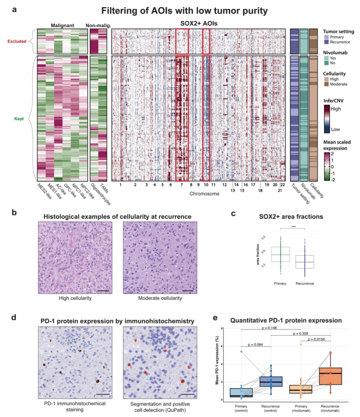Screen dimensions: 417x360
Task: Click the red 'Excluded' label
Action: click(x=17, y=41)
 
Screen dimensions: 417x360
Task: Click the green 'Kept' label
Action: click(x=19, y=119)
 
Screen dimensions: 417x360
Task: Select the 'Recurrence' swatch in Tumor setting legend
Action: click(x=326, y=42)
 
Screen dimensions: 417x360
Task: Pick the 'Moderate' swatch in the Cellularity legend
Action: click(x=326, y=84)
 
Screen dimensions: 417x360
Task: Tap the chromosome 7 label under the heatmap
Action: click(x=182, y=185)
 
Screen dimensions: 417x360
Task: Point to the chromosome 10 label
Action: click(x=206, y=185)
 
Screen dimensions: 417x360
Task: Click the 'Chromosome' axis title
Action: click(x=204, y=194)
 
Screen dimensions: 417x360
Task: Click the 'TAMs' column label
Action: click(x=104, y=189)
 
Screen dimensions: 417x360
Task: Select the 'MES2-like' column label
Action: click(x=44, y=191)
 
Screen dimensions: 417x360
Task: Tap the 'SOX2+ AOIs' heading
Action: click(x=199, y=23)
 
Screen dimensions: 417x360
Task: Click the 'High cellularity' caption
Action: click(x=75, y=298)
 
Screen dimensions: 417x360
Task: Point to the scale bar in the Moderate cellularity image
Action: click(x=188, y=291)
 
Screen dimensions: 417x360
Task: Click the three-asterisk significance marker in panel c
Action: click(x=293, y=227)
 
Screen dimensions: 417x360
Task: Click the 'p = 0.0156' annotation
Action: click(x=316, y=339)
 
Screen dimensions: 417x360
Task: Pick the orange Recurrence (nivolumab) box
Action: click(x=330, y=376)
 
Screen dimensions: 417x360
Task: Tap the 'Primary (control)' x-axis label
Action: click(x=241, y=408)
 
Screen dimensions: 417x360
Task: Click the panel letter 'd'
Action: click(x=14, y=317)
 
